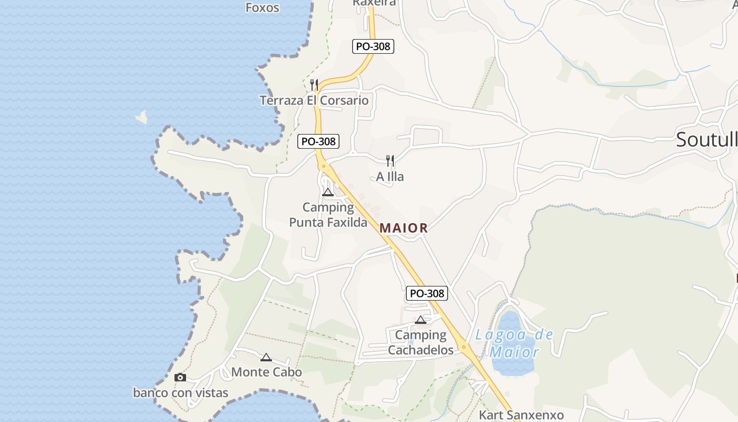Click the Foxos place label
tap(263, 7)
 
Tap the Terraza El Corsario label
tap(314, 100)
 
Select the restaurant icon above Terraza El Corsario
tap(314, 84)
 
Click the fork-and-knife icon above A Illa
tap(390, 160)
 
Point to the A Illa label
tap(390, 177)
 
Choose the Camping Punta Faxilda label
tap(328, 215)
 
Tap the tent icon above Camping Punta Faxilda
tap(328, 192)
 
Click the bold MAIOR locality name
tap(404, 228)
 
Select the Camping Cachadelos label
tap(421, 342)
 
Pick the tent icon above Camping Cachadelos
tap(420, 319)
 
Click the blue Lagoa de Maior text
tap(514, 343)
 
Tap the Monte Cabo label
tap(267, 372)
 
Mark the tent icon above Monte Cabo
tap(266, 357)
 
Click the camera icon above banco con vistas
tap(180, 377)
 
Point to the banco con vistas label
tap(180, 392)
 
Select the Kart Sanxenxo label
tap(521, 415)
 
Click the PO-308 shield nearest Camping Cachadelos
tap(426, 294)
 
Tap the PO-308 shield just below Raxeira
tap(373, 46)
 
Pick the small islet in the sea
tap(141, 117)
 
